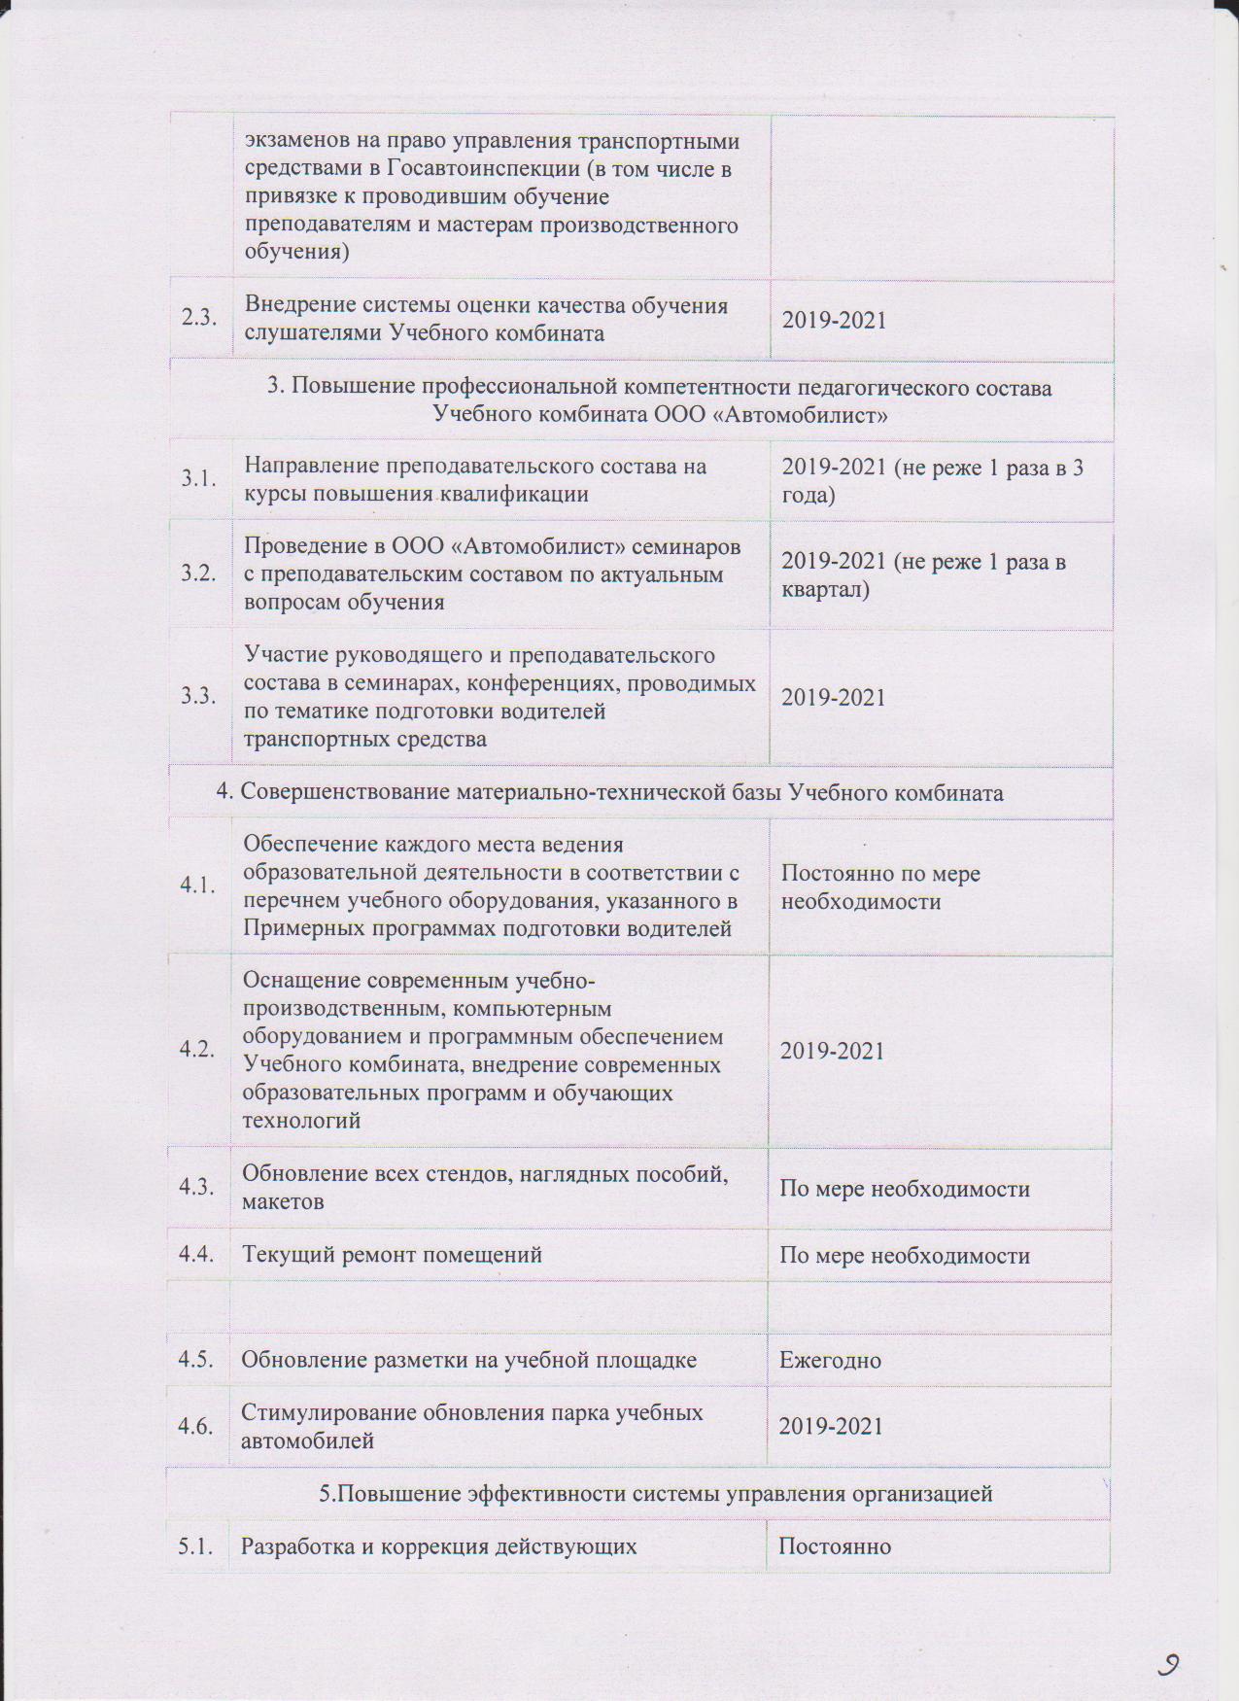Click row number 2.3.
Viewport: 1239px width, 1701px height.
[x=199, y=319]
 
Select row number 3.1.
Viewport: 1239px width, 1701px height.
[x=198, y=478]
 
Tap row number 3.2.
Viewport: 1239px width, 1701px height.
[x=198, y=573]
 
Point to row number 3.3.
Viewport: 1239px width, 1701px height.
[x=198, y=696]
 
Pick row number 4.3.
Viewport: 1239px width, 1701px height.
[x=196, y=1187]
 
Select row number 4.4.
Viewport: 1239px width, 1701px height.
[x=196, y=1254]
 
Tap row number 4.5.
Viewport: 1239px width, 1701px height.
[x=196, y=1359]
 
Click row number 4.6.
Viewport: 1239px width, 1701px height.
[x=196, y=1426]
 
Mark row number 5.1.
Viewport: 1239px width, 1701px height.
[x=196, y=1545]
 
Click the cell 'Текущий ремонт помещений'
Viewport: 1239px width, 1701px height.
[x=392, y=1255]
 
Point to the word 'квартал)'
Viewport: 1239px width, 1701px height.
[x=825, y=590]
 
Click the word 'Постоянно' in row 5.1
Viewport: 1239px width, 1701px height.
[x=835, y=1545]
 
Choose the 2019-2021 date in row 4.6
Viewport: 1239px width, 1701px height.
[x=832, y=1426]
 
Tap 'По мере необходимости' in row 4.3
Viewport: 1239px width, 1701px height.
[x=905, y=1188]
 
